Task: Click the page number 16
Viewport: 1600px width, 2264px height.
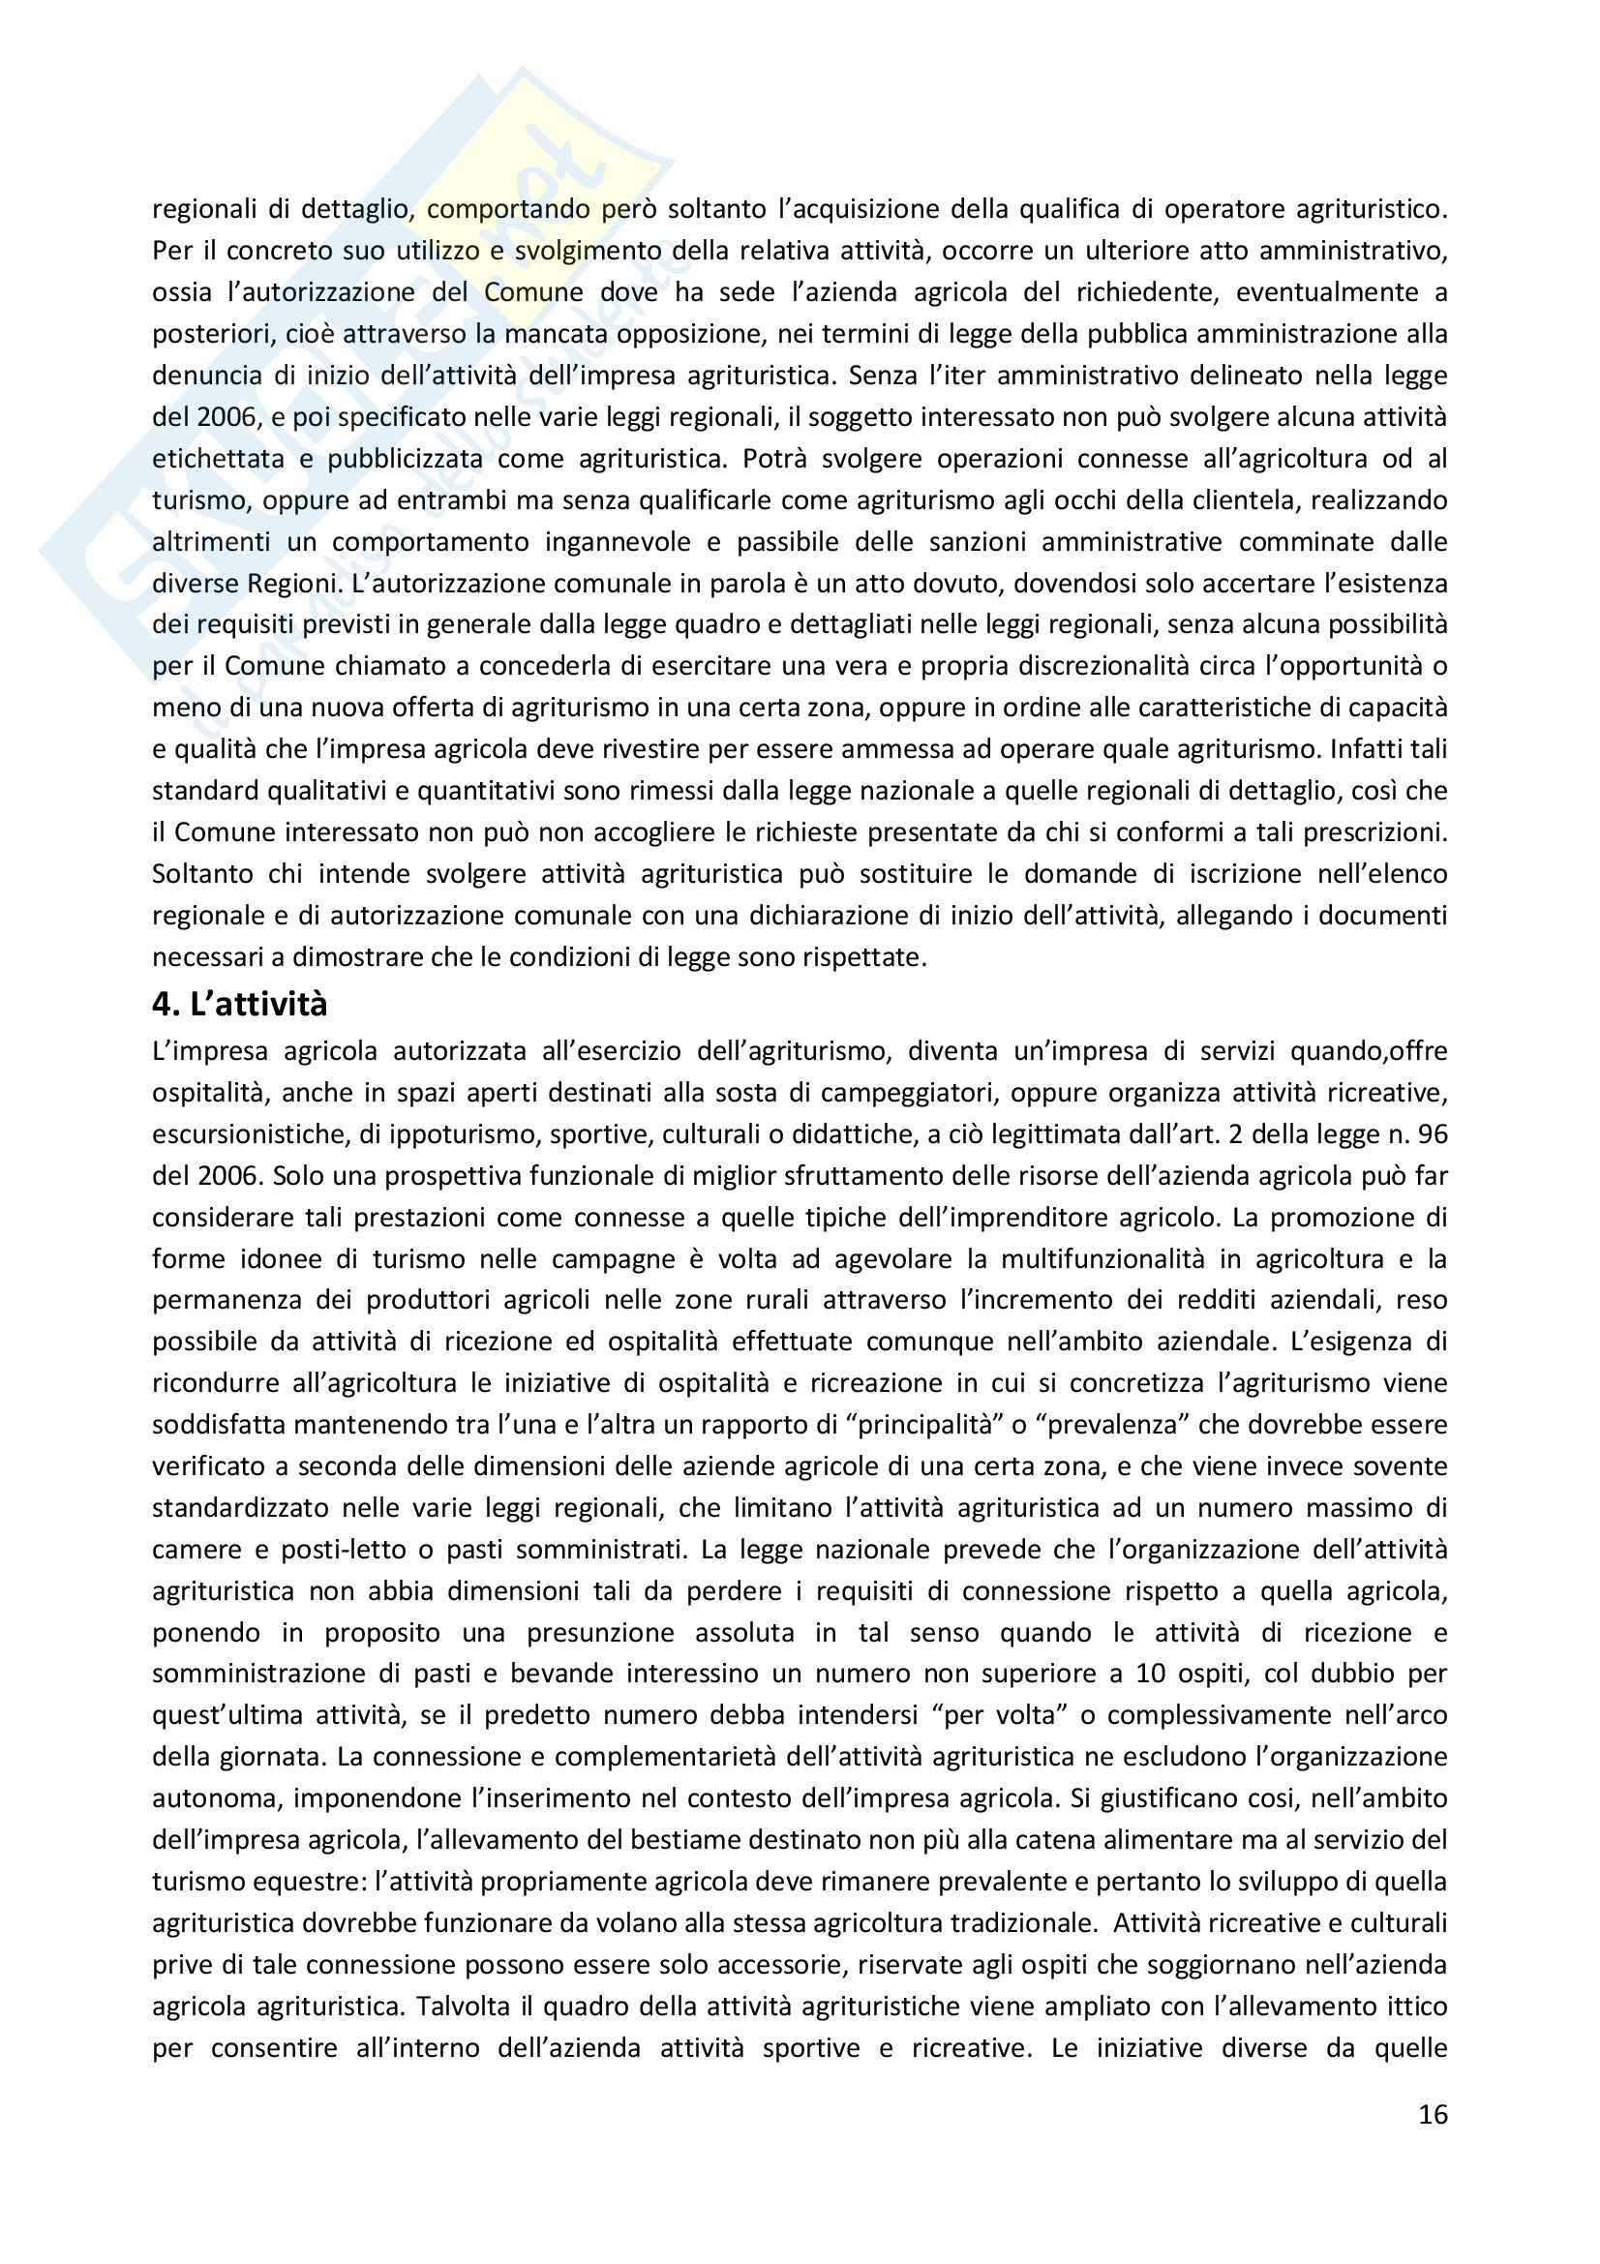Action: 1433,2114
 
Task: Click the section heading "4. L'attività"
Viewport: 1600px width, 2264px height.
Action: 239,1005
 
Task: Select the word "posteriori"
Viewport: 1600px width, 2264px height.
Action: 213,334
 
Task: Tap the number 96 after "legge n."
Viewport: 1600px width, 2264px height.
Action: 1433,1134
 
